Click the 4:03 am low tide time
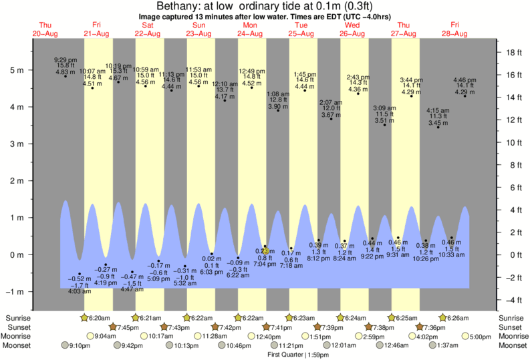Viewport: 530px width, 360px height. point(80,291)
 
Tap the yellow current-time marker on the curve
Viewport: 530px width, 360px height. point(265,250)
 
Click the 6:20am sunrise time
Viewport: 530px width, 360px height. point(100,317)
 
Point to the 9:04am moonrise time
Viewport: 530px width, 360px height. point(106,336)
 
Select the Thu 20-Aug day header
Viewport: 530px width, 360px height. point(46,29)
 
